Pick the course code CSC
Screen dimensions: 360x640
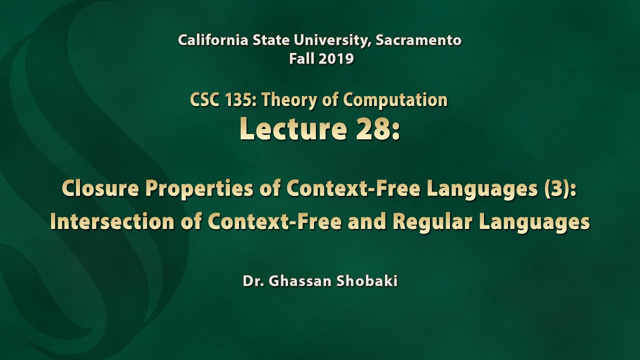coord(204,100)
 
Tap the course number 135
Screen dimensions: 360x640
coord(238,100)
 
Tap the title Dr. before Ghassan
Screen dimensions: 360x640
coord(253,281)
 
